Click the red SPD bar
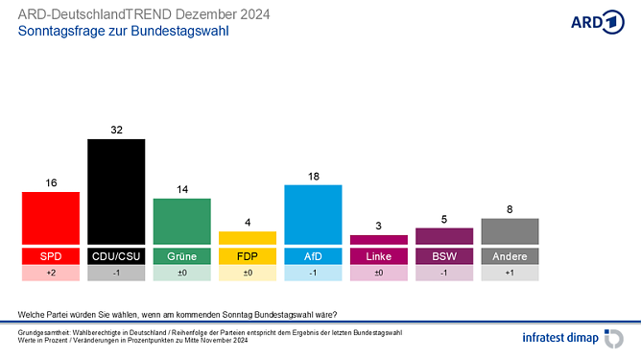click(x=50, y=218)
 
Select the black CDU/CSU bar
click(x=116, y=192)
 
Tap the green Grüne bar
click(x=181, y=222)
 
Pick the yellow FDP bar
click(x=248, y=237)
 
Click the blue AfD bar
click(x=313, y=214)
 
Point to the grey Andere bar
click(x=510, y=230)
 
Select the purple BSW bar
click(x=444, y=236)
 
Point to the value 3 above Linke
click(x=379, y=226)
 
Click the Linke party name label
click(x=379, y=256)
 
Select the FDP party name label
click(x=248, y=256)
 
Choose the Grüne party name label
click(x=181, y=256)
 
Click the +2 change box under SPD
click(x=50, y=274)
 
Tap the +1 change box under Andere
click(x=510, y=274)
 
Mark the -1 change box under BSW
click(x=444, y=274)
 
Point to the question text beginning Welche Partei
click(x=178, y=314)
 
